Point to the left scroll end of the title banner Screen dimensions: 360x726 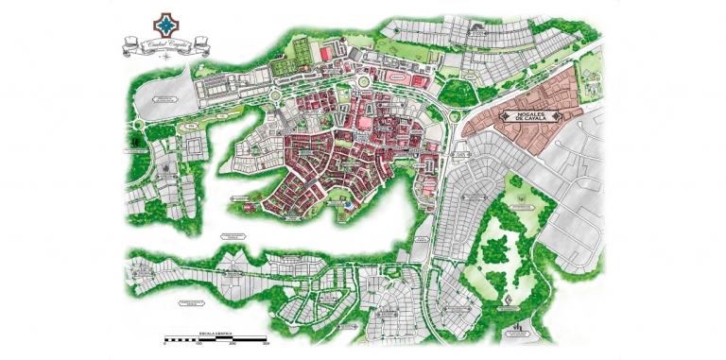coord(124,43)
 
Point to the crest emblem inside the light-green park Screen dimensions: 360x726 coord(509,300)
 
